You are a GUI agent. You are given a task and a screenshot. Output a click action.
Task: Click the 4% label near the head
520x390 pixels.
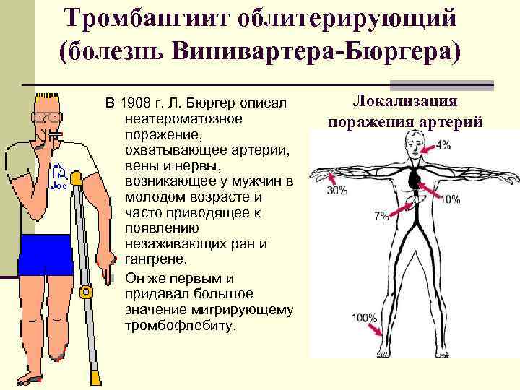tap(443, 144)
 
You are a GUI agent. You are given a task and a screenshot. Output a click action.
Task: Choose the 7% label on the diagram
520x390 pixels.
tap(381, 214)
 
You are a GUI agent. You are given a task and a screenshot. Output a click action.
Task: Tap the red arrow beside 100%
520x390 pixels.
tap(376, 328)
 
